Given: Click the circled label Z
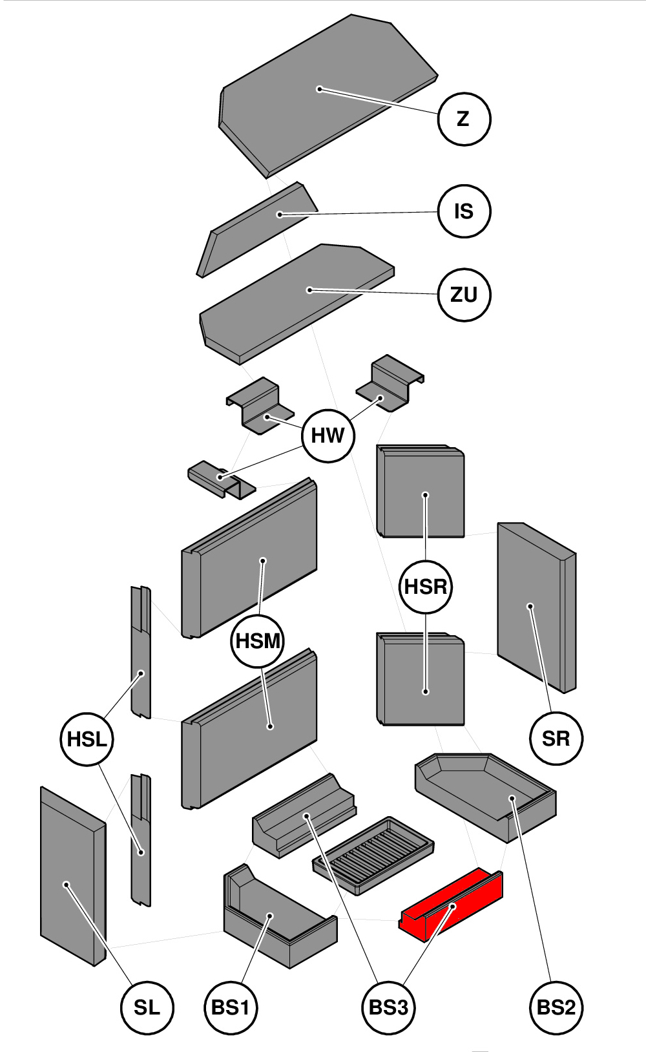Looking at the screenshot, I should tap(464, 119).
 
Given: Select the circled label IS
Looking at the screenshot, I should tap(464, 211).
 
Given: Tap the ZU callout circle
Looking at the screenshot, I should tap(464, 295).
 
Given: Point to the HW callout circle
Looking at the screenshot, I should tap(328, 436).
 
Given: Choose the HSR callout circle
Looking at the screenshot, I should tap(426, 587).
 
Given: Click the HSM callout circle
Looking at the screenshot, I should tap(258, 641).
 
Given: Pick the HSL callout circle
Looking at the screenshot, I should tap(87, 739).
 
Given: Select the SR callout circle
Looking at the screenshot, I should tap(556, 738).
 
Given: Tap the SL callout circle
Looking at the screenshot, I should tap(147, 1007).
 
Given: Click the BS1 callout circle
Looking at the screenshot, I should tap(231, 1007).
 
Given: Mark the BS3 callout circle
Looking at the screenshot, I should tap(388, 1007).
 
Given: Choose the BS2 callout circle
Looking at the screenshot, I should tap(556, 1007).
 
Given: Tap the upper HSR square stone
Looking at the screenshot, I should tap(421, 491).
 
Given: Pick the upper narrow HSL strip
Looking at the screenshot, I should tap(141, 653).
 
